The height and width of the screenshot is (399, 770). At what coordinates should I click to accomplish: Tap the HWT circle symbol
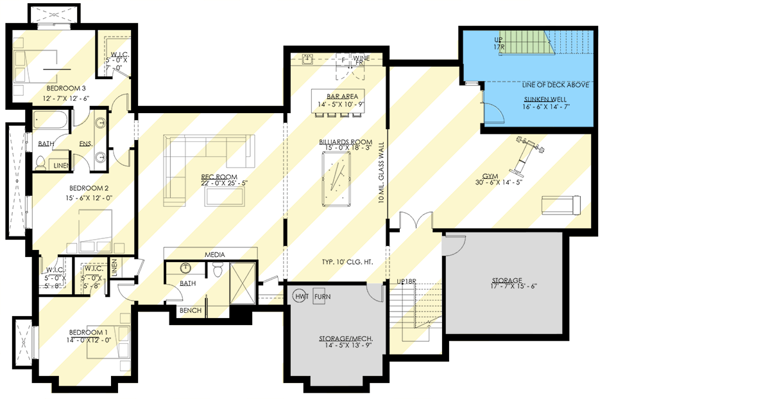click(301, 297)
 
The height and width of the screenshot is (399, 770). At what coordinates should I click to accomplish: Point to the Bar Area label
click(338, 96)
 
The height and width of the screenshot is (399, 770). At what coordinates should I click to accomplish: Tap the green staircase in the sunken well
click(526, 42)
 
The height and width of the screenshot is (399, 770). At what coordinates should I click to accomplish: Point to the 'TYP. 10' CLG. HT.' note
click(346, 263)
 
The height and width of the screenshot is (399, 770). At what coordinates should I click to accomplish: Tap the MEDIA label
click(215, 254)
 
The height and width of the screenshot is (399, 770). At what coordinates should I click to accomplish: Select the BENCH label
click(191, 310)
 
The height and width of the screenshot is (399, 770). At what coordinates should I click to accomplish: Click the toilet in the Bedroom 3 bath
click(42, 163)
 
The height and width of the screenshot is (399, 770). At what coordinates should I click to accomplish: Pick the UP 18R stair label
click(407, 282)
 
